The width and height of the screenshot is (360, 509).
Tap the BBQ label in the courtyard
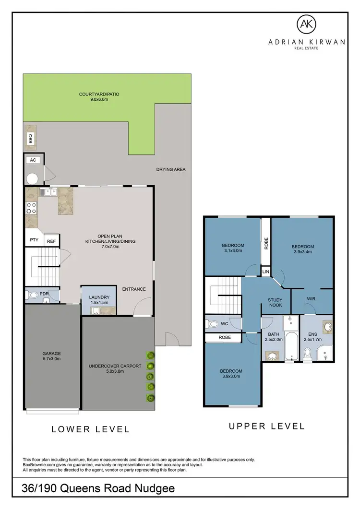[30, 139]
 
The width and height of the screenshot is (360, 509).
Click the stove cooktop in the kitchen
[31, 208]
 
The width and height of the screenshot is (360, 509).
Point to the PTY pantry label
[34, 240]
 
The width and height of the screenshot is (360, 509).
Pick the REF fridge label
[51, 242]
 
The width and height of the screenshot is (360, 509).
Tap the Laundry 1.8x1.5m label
[100, 300]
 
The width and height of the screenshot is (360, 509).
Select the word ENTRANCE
[134, 289]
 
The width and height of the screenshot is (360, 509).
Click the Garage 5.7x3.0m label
[51, 356]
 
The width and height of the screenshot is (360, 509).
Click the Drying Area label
[170, 169]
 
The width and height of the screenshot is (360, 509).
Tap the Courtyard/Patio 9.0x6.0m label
[99, 97]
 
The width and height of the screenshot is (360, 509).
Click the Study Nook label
[275, 302]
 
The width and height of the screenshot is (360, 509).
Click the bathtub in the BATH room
[291, 343]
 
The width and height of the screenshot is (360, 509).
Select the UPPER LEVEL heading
[266, 426]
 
